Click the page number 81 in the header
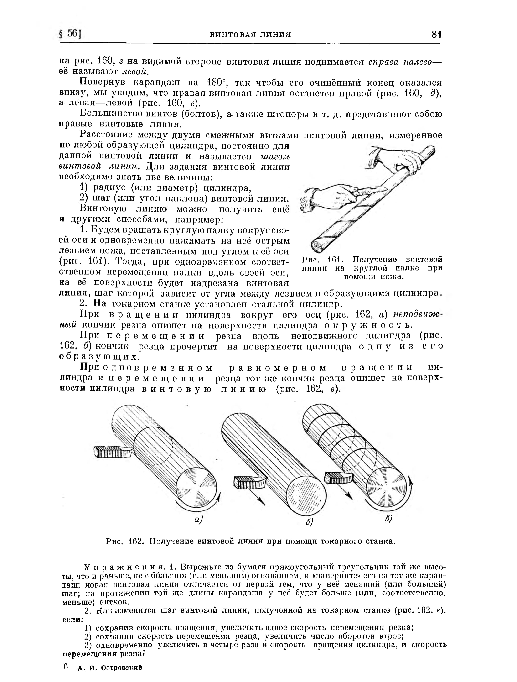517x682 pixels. click(x=437, y=34)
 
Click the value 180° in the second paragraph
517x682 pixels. click(x=217, y=83)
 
